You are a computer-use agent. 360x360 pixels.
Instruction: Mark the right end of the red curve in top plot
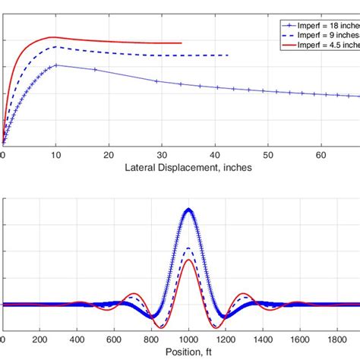point(182,43)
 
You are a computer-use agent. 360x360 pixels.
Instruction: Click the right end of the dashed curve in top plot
point(229,55)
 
